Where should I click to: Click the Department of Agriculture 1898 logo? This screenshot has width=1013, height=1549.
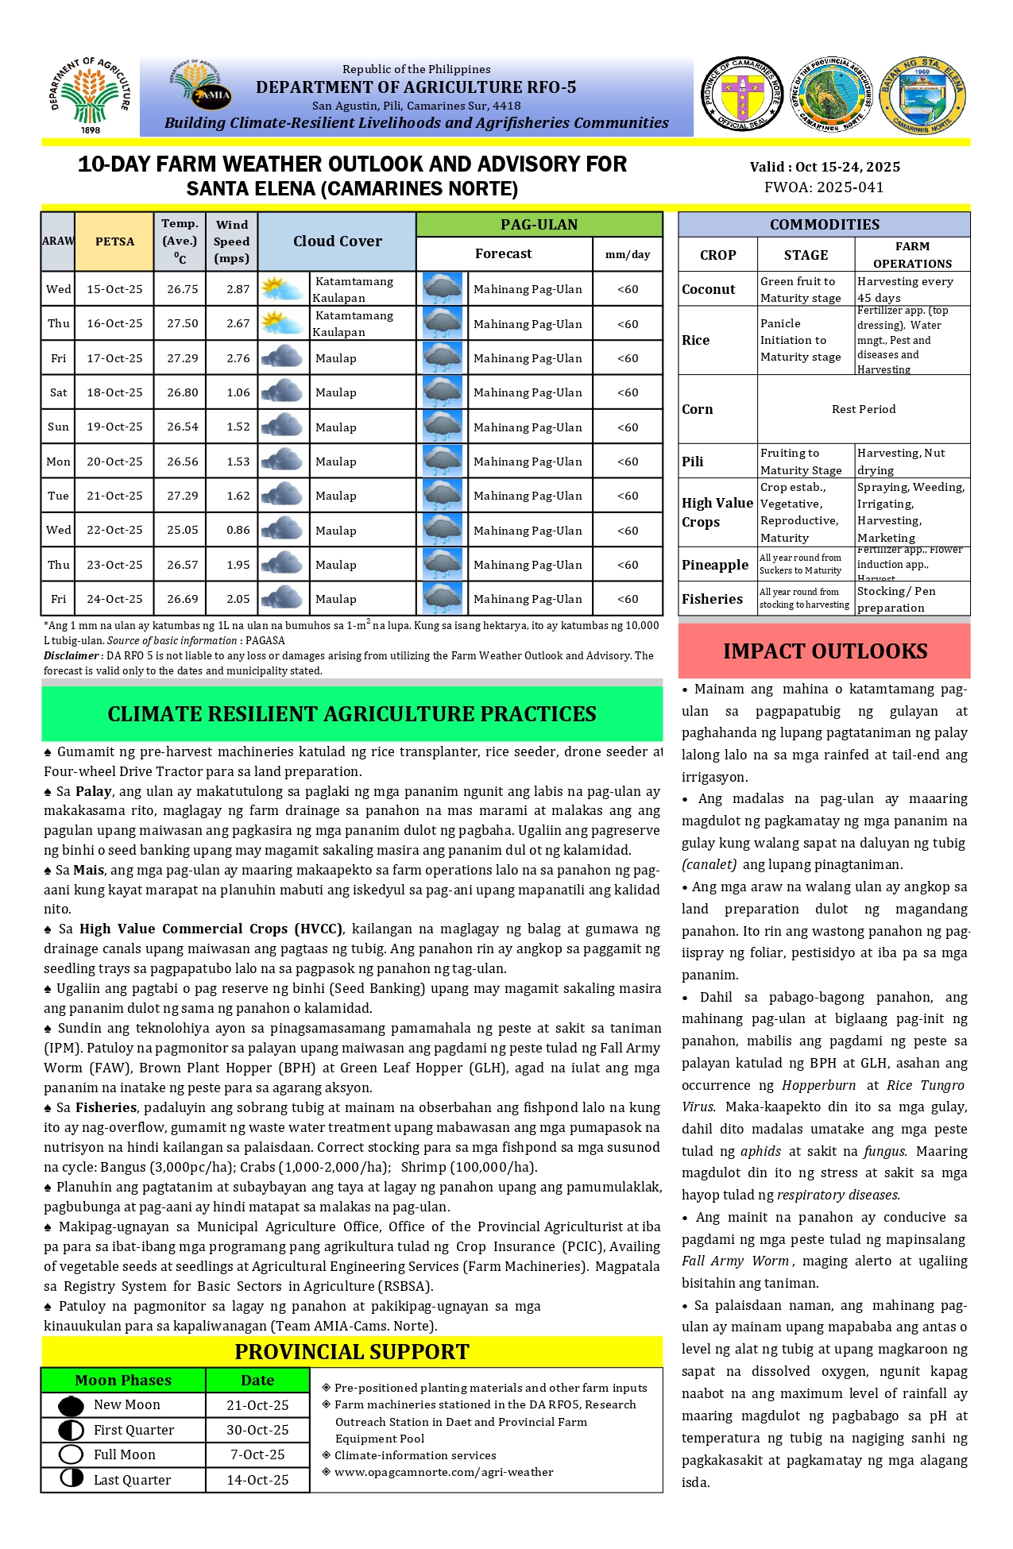[90, 95]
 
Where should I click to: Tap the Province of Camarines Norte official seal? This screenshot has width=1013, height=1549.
[741, 95]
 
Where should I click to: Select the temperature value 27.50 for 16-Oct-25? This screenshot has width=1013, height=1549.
[182, 323]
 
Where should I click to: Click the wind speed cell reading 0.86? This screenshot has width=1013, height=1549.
[238, 530]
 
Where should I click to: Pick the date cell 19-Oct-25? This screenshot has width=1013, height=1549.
[114, 427]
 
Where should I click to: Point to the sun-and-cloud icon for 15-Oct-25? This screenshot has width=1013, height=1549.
[282, 288]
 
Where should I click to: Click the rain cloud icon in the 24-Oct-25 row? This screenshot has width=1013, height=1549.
[443, 599]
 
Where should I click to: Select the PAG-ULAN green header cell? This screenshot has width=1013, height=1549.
[539, 225]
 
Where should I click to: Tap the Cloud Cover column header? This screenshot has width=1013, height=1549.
[337, 241]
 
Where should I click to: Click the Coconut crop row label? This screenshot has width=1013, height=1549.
[709, 289]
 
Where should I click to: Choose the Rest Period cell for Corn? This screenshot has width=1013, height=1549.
[864, 409]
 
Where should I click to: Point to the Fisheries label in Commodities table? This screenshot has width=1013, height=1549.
[712, 599]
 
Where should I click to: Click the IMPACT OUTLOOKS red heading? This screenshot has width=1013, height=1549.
[825, 651]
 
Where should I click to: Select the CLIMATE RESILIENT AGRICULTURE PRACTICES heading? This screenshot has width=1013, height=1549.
[351, 714]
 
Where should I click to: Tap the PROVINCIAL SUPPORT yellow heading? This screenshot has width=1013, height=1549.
[351, 1351]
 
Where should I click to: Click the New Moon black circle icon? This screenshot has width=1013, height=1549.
[72, 1405]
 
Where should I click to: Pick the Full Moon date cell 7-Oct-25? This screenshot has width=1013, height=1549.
[257, 1454]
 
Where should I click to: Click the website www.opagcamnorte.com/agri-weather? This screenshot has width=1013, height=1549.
[443, 1472]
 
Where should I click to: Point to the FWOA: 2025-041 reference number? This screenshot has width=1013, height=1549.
[824, 187]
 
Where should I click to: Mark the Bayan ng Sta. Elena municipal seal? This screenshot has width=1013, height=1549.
[922, 95]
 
